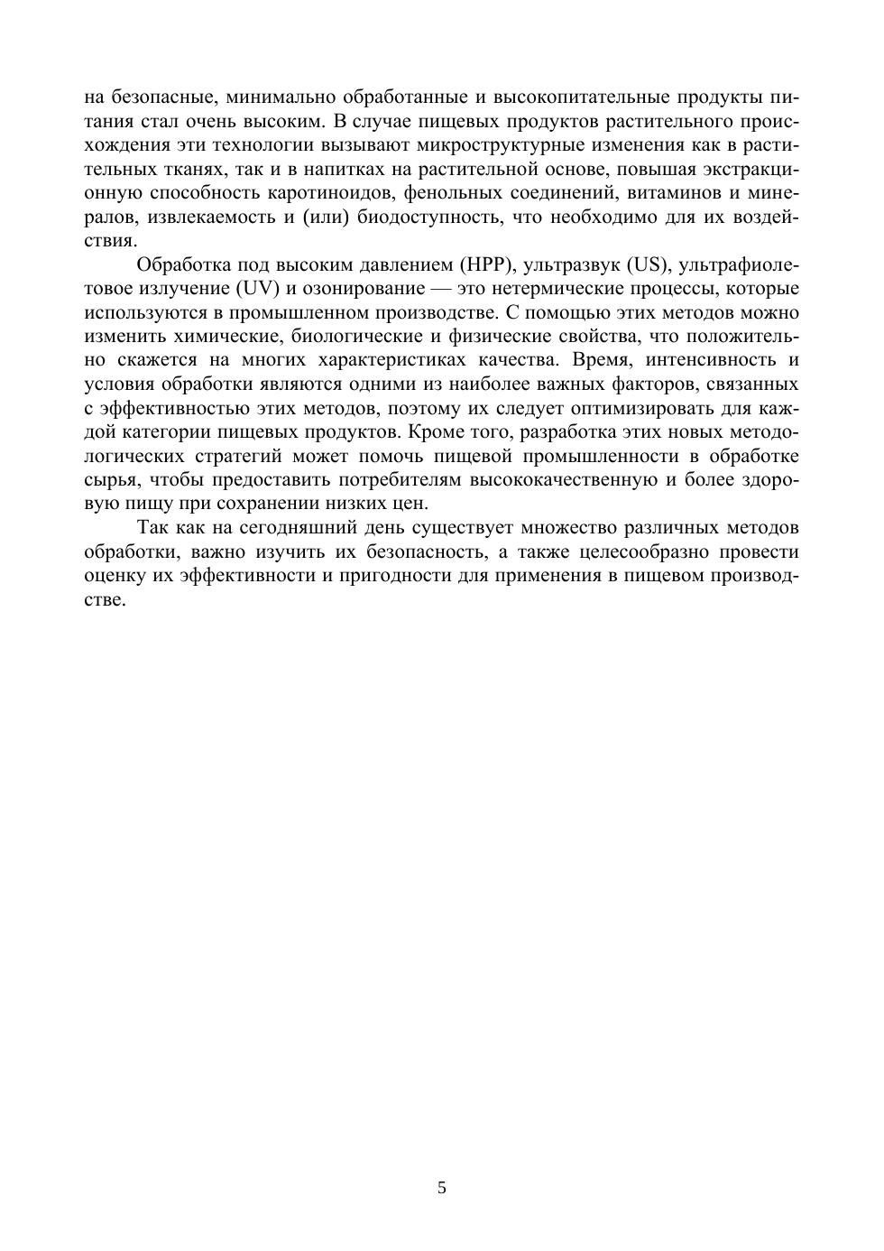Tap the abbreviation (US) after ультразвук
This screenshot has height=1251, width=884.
click(x=646, y=264)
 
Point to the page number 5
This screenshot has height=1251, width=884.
click(x=442, y=1188)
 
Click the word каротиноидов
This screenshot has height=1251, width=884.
click(x=329, y=192)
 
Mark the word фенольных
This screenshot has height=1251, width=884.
click(x=452, y=192)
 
